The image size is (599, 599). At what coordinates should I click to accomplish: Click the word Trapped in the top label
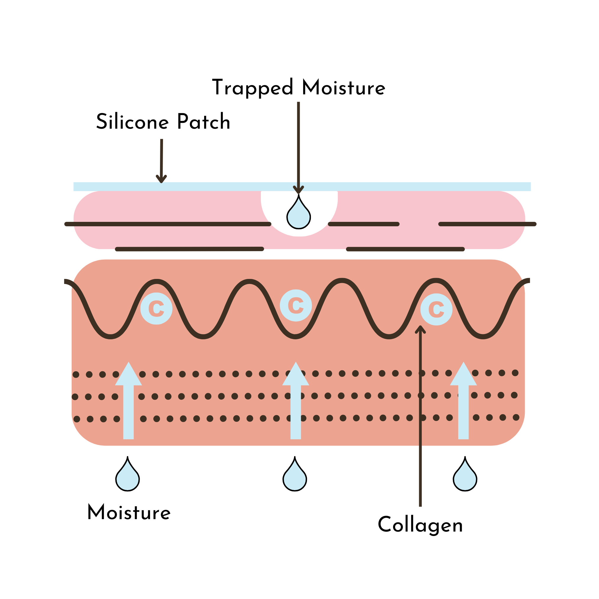click(x=252, y=88)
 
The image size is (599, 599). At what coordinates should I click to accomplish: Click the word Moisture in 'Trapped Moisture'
click(x=343, y=88)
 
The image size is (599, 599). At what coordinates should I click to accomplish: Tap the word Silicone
click(x=133, y=122)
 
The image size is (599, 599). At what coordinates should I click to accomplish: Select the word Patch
click(x=204, y=122)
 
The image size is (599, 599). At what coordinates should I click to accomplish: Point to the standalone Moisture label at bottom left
click(x=129, y=513)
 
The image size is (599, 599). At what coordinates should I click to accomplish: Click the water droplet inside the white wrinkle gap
click(x=298, y=214)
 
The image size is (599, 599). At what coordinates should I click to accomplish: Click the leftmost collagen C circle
click(x=156, y=309)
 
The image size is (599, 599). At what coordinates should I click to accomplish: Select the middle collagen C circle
click(x=296, y=305)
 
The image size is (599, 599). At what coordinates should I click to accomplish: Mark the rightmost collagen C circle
click(x=436, y=309)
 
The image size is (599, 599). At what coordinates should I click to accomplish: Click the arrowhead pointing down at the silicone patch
click(x=161, y=179)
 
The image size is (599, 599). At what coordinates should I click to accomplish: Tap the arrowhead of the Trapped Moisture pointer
click(x=298, y=189)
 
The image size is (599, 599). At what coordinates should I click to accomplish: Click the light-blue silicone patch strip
click(x=403, y=187)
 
